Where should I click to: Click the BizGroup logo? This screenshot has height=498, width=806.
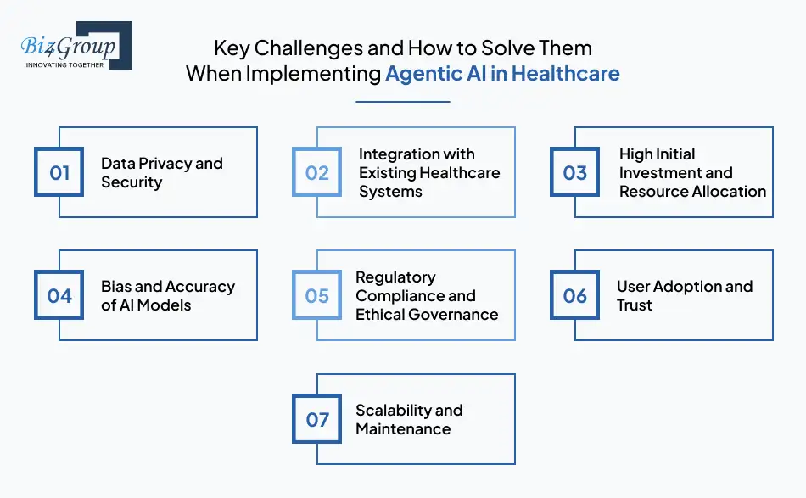75,46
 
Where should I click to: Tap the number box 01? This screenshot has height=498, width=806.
59,173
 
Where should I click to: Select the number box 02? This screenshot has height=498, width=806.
317,173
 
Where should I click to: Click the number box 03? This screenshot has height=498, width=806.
575,173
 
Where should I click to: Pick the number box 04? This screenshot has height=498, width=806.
59,296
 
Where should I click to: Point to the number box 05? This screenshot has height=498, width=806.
317,296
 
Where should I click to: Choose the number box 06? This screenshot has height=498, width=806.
575,296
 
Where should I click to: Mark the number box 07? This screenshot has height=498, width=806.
317,419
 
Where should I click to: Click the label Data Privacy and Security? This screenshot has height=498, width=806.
161,173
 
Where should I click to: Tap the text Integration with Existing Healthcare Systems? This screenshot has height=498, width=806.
428,173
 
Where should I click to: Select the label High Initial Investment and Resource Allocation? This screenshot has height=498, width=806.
691,173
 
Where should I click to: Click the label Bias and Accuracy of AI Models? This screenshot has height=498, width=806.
167,296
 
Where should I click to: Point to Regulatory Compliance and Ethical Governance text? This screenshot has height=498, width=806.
426,296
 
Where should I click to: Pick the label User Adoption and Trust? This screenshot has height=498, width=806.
684,296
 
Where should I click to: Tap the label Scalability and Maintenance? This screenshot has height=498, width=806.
408,419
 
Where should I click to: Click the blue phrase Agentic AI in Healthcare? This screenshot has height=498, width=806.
502,74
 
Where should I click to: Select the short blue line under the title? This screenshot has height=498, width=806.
402,102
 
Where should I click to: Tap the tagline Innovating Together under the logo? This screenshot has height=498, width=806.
64,64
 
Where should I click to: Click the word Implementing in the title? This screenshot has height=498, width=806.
313,74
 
